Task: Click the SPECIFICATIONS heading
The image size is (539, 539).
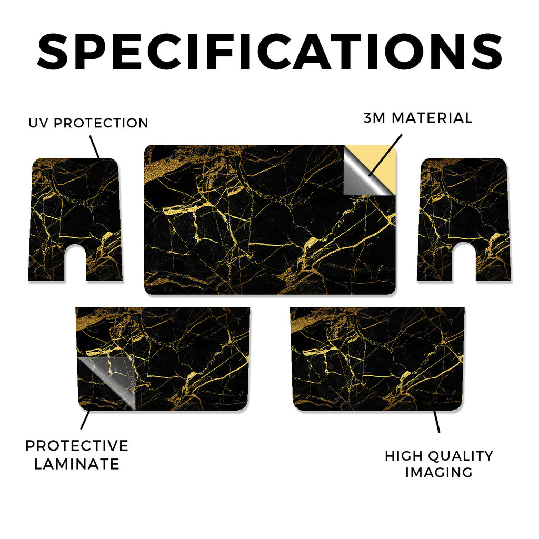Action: click(269, 52)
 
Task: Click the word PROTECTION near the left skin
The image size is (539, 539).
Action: click(101, 123)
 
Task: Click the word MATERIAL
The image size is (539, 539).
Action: click(432, 118)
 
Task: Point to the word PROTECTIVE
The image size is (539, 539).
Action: click(77, 446)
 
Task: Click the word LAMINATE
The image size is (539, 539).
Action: click(77, 464)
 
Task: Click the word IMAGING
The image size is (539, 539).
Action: click(439, 472)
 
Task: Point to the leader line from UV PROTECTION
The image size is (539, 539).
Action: click(95, 147)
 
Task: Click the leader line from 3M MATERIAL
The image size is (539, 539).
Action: click(385, 155)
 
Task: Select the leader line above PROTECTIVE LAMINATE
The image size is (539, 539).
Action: click(85, 419)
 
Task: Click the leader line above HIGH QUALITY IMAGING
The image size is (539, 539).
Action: click(436, 421)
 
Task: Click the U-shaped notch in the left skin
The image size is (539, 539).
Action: click(75, 263)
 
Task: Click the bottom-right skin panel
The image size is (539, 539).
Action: click(377, 359)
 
